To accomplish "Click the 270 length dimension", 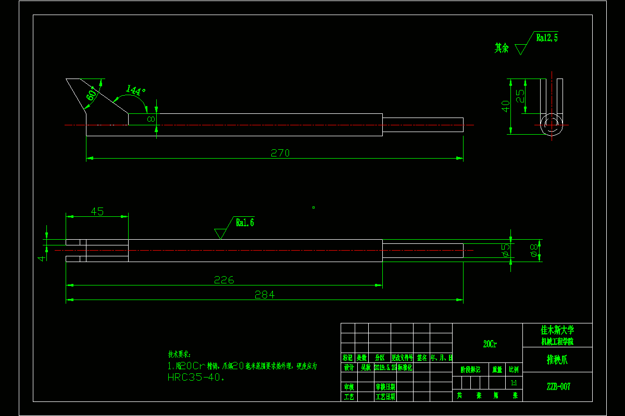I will pos(280,153).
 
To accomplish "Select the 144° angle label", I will pos(136,90).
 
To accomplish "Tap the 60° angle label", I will pos(91,95).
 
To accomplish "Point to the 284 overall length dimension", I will pos(264,295).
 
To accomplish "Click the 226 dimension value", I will pos(224,280).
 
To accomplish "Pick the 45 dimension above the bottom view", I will pos(97,211).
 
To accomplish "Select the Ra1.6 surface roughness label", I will pos(245,223).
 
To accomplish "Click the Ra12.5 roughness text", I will pos(547,37).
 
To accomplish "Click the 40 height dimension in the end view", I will pos(505,106).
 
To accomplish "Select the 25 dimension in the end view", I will pos(520,96).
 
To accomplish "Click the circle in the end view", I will pos(551,125).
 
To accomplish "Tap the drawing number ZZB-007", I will pos(558,386).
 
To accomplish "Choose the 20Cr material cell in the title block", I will pos(490,344).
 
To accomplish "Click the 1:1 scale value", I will pos(514,383).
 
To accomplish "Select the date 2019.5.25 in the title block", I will pos(385,367).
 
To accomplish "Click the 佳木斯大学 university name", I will pos(557,330).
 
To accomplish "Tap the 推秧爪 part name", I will pos(557,359).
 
